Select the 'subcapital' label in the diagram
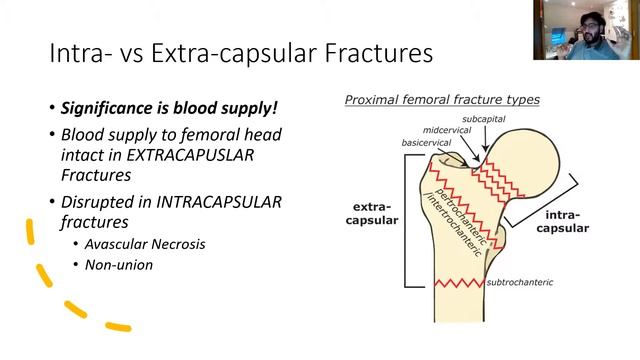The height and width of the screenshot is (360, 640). coord(484,119)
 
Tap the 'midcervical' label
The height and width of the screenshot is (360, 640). coord(446,130)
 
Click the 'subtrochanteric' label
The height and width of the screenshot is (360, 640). coord(519,282)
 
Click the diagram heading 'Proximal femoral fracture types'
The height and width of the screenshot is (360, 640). coord(442,100)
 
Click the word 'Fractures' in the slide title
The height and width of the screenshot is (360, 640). coord(383,53)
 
